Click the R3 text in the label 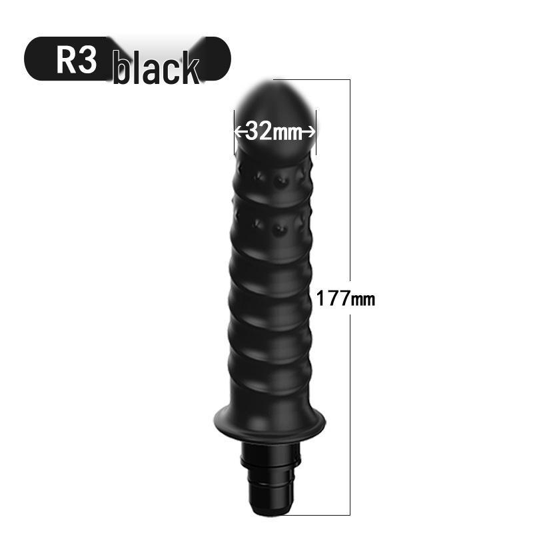click(77, 60)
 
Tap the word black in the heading click(156, 67)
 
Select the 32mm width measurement click(274, 131)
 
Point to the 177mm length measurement click(346, 298)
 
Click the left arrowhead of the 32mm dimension click(238, 131)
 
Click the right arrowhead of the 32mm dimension click(311, 131)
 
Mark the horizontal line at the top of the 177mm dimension click(312, 80)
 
